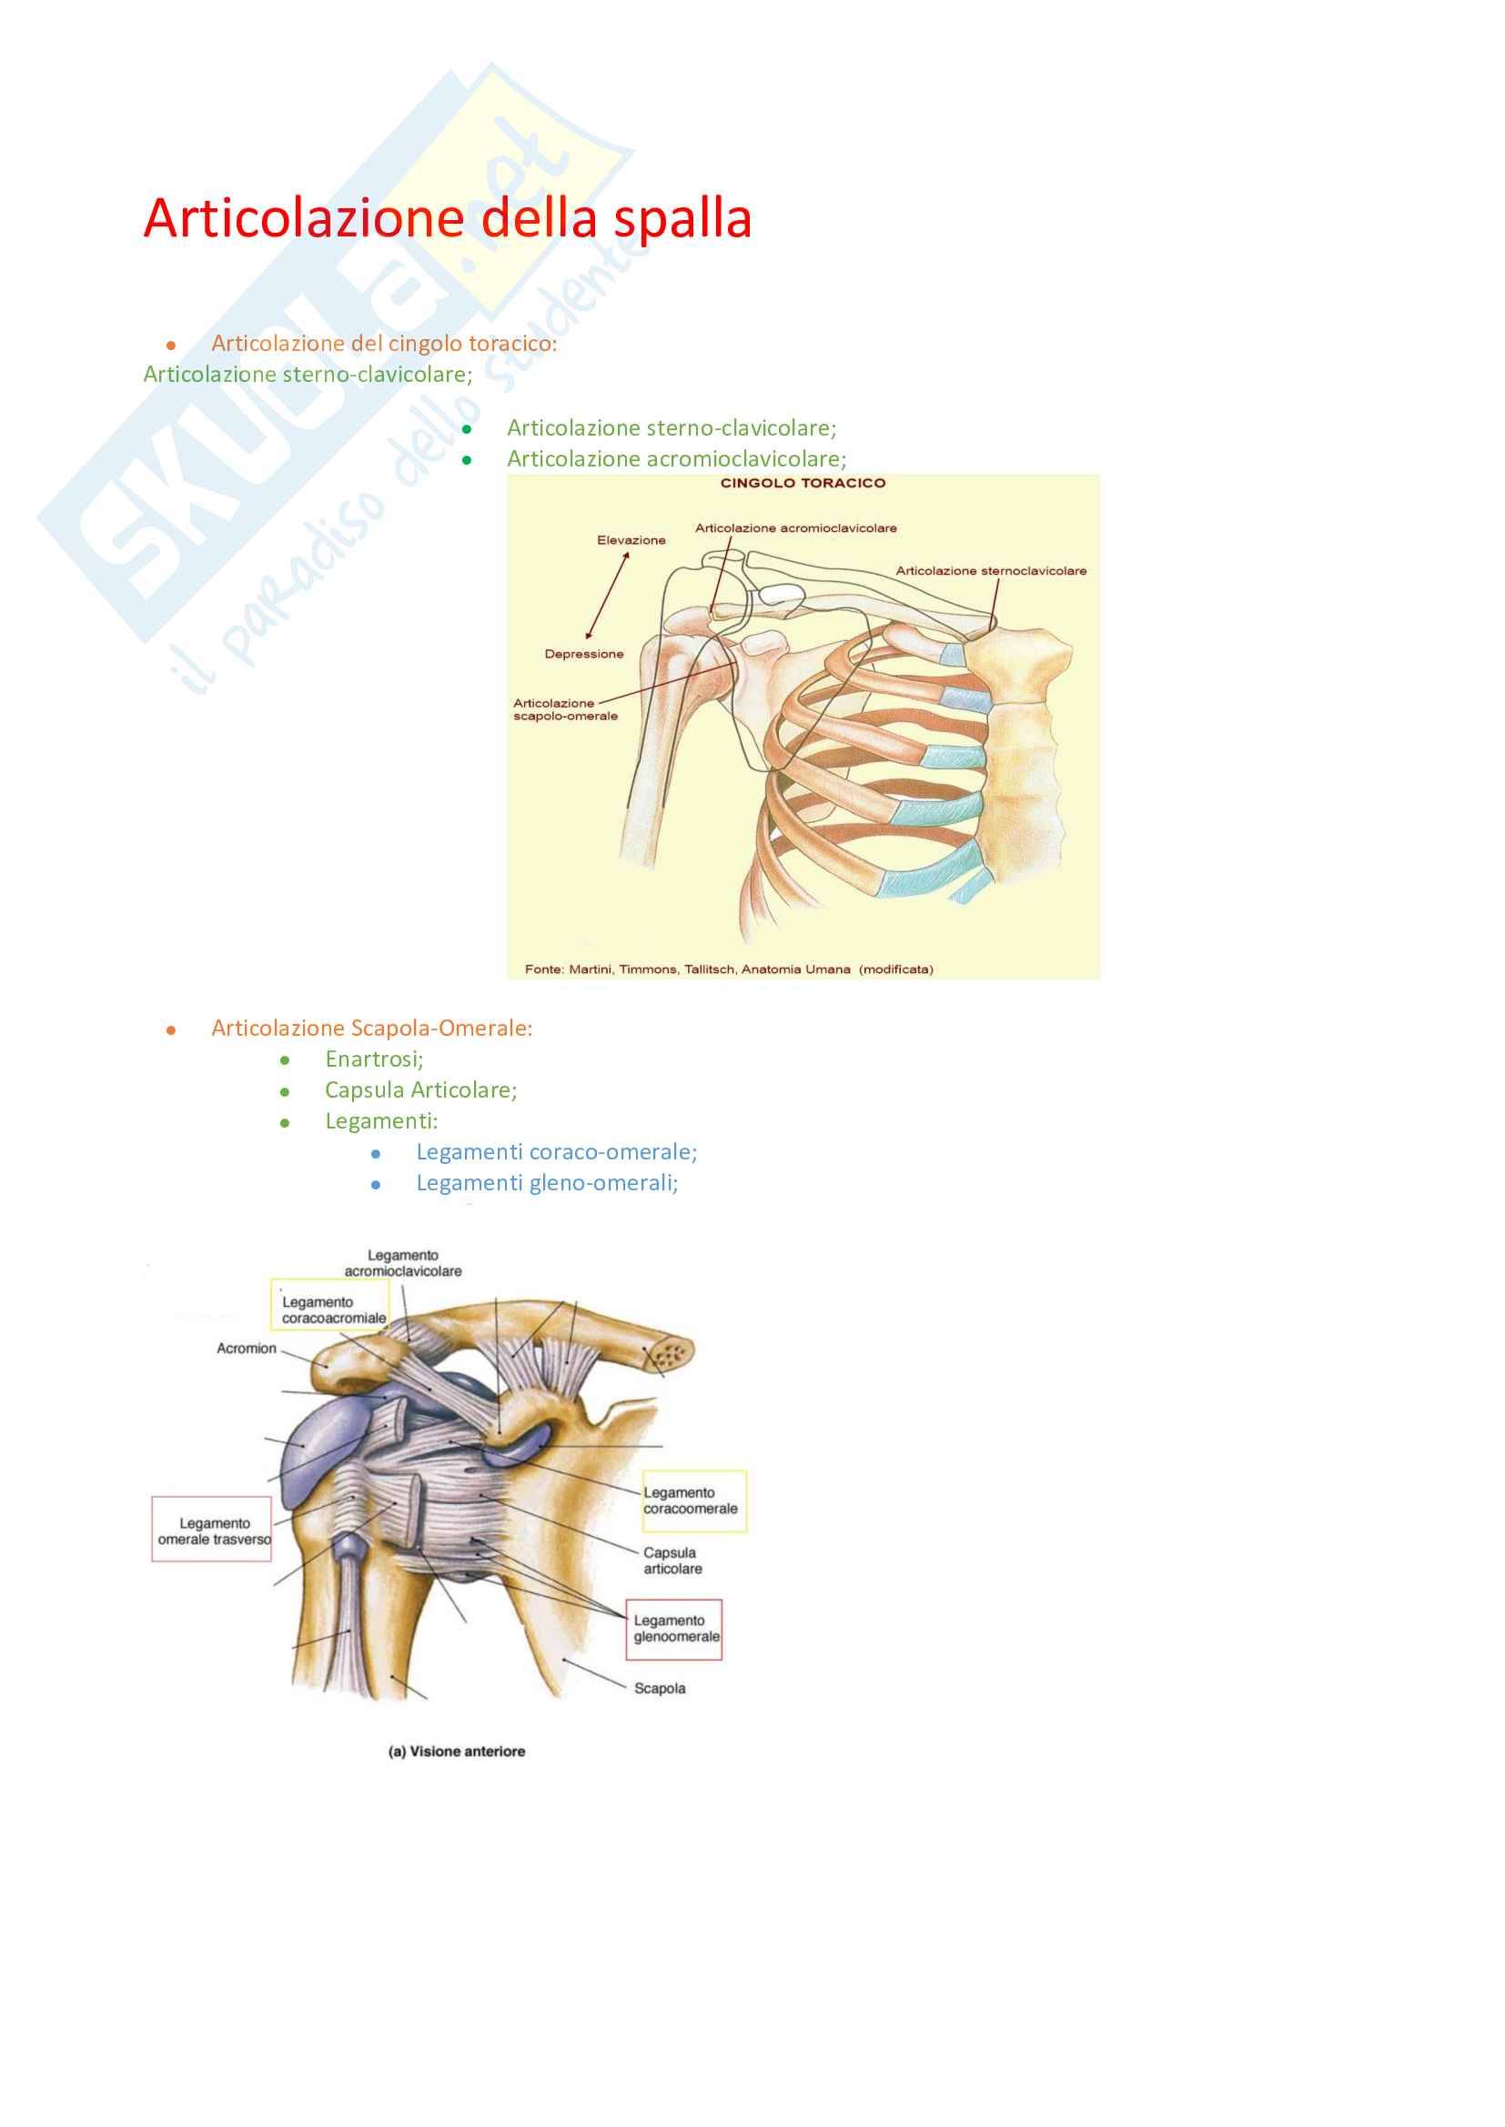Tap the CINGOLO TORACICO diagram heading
click(803, 483)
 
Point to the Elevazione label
click(631, 540)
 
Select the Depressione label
click(584, 654)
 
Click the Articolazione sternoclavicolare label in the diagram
click(991, 571)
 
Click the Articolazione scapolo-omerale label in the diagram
click(565, 709)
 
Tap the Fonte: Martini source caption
click(729, 969)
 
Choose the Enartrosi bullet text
click(373, 1058)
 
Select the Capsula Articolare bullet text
click(420, 1090)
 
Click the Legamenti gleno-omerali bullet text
click(547, 1183)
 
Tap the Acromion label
click(247, 1348)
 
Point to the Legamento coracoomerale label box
click(694, 1500)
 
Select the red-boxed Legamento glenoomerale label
click(673, 1630)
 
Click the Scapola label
click(660, 1688)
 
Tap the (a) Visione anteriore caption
click(457, 1751)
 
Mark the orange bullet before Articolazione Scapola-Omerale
click(171, 1030)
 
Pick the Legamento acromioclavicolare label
click(403, 1263)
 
